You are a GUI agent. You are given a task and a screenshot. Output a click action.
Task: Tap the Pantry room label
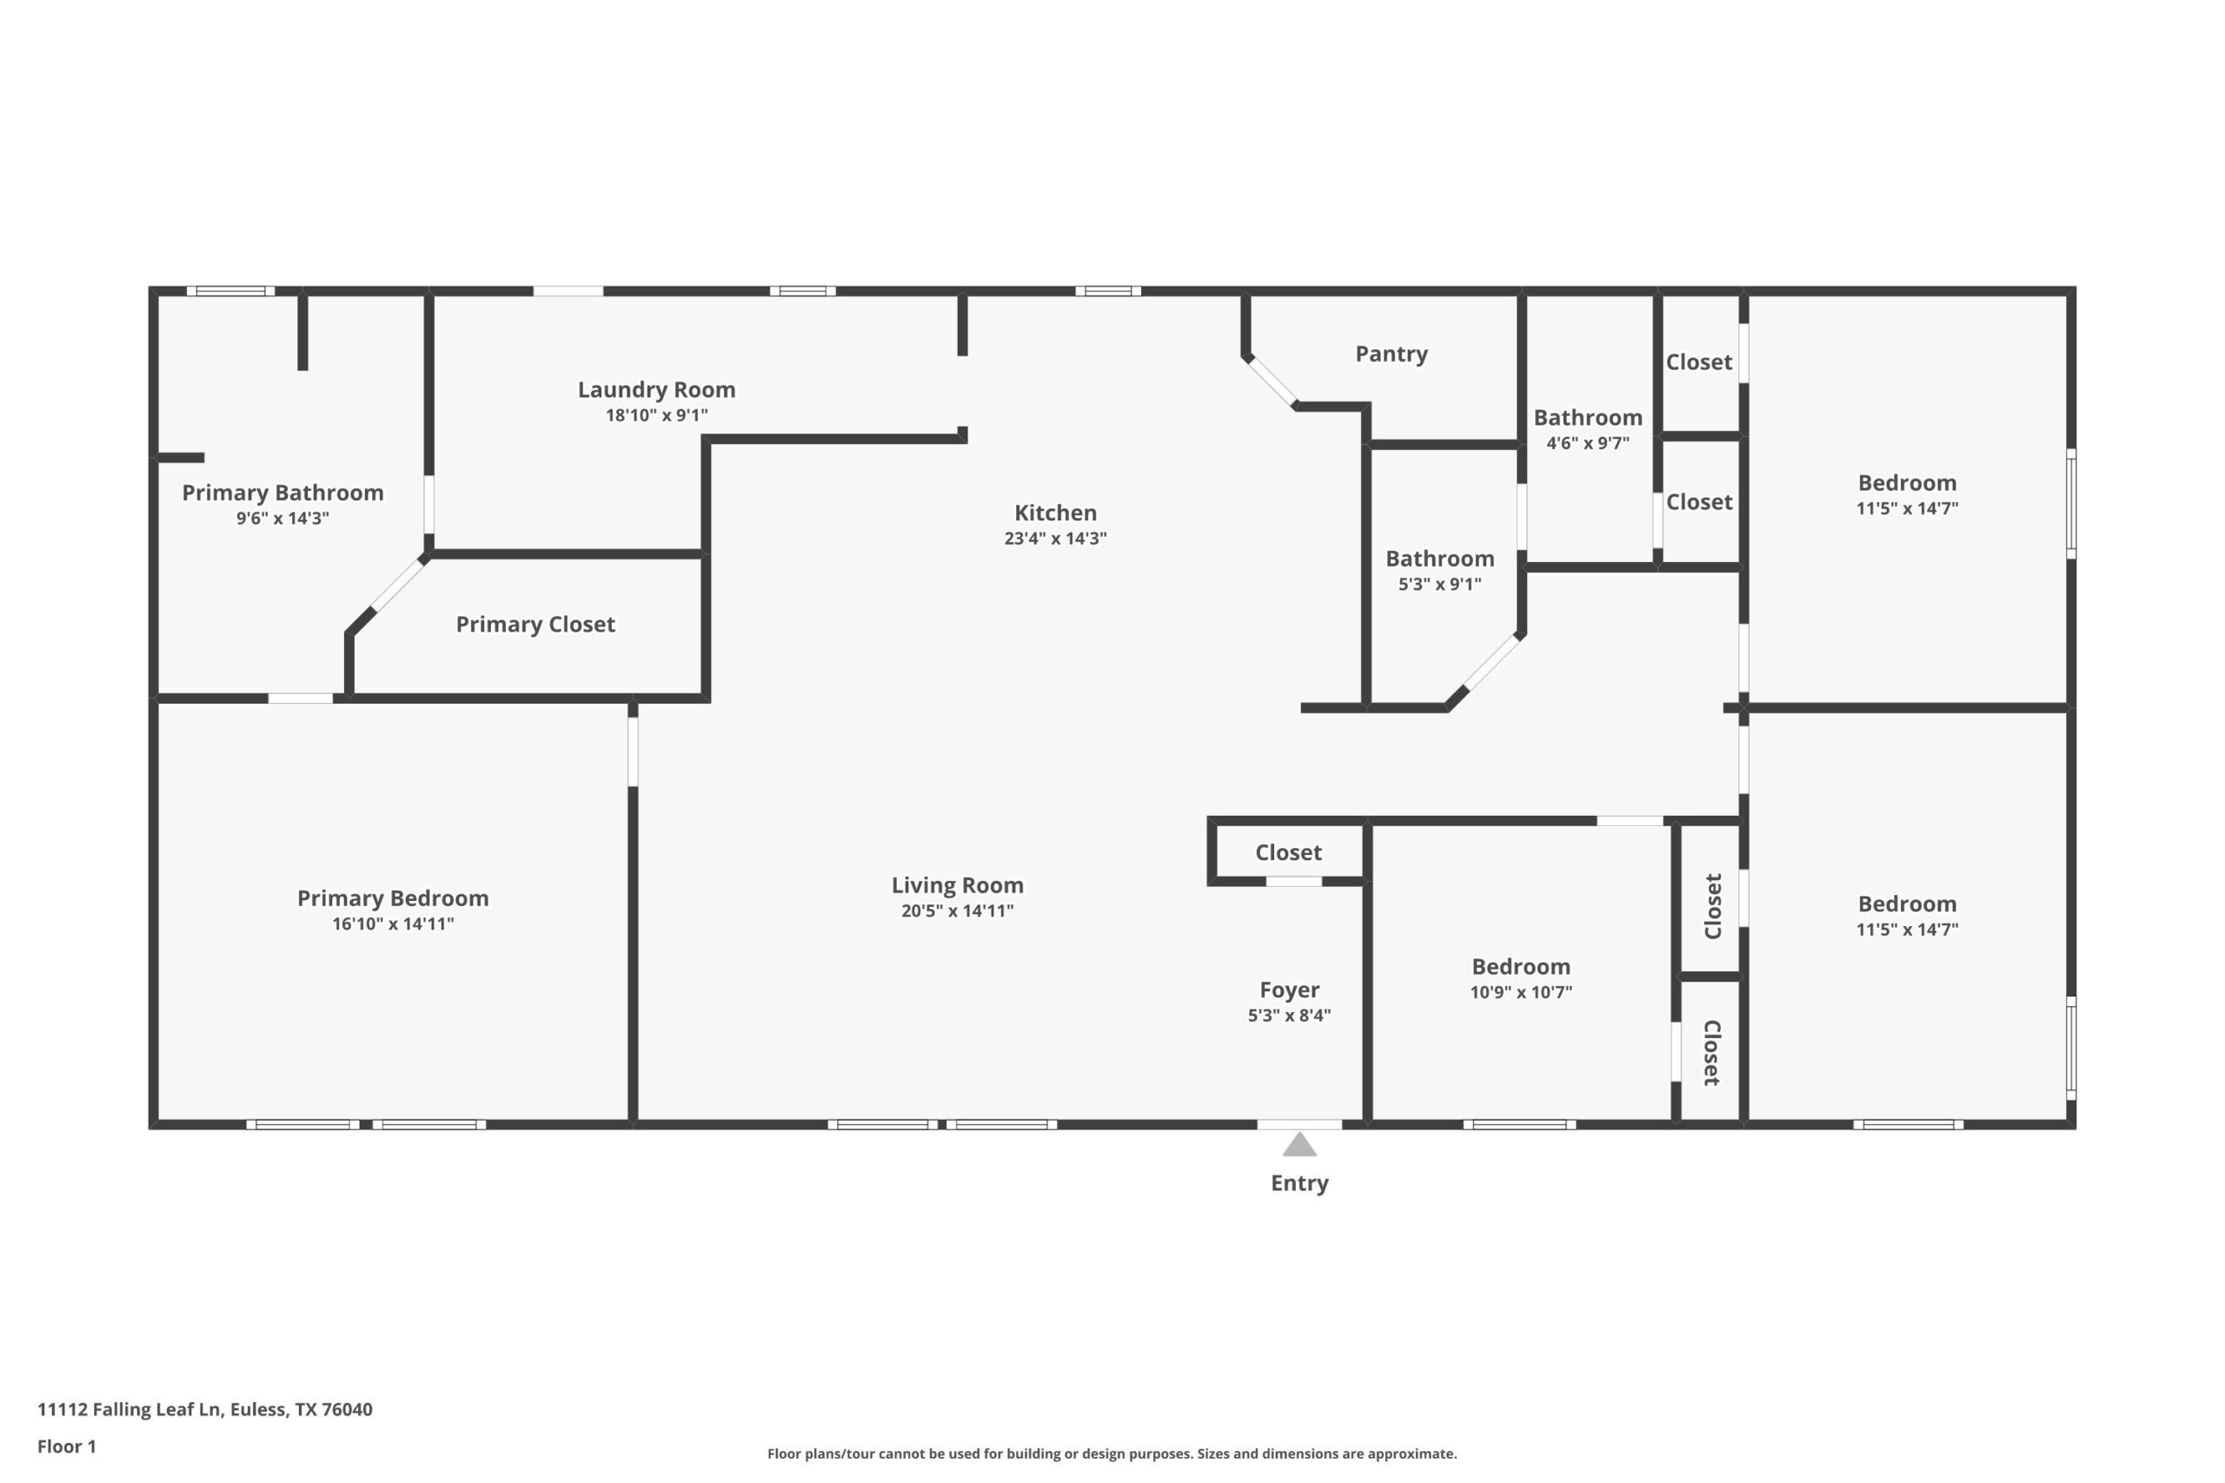point(1391,354)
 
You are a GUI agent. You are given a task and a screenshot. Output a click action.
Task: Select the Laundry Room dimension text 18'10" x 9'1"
point(656,415)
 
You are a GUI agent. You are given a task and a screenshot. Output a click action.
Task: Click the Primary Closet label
point(535,625)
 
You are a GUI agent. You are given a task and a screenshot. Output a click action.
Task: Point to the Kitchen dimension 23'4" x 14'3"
point(1055,538)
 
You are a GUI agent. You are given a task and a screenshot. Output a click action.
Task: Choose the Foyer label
point(1288,990)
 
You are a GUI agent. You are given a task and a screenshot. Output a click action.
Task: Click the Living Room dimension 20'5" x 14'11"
point(956,910)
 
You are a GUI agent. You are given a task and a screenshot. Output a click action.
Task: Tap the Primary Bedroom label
point(393,897)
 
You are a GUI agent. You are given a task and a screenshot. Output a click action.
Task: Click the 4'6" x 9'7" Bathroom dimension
point(1587,442)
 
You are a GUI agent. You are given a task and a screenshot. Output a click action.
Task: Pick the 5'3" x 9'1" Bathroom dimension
point(1439,585)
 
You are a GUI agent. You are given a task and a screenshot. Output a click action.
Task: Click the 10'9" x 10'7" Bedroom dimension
point(1520,992)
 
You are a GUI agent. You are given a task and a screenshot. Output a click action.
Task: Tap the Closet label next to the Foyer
point(1287,852)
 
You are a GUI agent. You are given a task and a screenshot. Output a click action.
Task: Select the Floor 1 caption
point(66,1447)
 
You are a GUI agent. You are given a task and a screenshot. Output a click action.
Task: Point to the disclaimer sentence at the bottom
point(1112,1453)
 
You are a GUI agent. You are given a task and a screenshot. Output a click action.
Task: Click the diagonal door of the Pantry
point(1271,382)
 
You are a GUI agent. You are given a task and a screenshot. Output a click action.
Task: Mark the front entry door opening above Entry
point(1298,1124)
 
